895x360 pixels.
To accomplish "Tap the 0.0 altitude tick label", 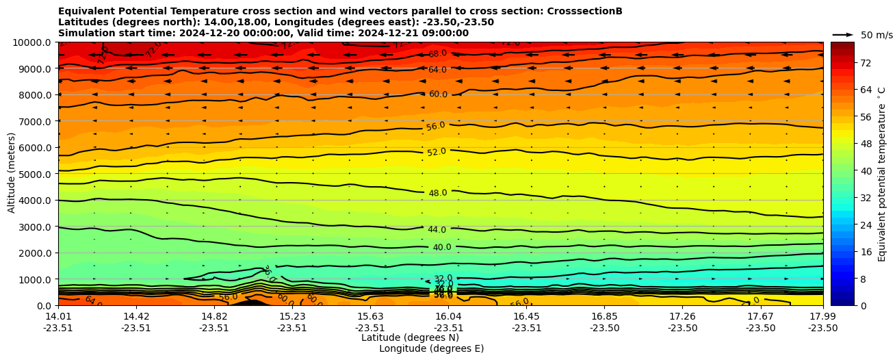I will (x=44, y=306).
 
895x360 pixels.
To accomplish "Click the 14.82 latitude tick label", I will (x=214, y=316).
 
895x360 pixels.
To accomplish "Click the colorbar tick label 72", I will (x=846, y=63).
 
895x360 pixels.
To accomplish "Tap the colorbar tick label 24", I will (x=846, y=225).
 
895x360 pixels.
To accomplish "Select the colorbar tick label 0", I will (x=844, y=306).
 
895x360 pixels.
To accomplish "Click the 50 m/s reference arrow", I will (x=843, y=34).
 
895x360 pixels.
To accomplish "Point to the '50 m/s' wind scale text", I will (x=877, y=35).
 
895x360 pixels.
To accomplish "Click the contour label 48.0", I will (x=438, y=193).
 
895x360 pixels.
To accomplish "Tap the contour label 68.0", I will (x=438, y=53).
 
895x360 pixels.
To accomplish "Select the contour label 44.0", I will (x=437, y=230).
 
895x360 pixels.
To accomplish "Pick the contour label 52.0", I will (x=437, y=152).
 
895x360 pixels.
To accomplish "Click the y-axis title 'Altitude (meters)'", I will (x=12, y=173).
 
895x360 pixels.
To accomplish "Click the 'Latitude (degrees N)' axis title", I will (x=410, y=337).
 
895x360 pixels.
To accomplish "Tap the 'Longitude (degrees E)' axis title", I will (x=431, y=348).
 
